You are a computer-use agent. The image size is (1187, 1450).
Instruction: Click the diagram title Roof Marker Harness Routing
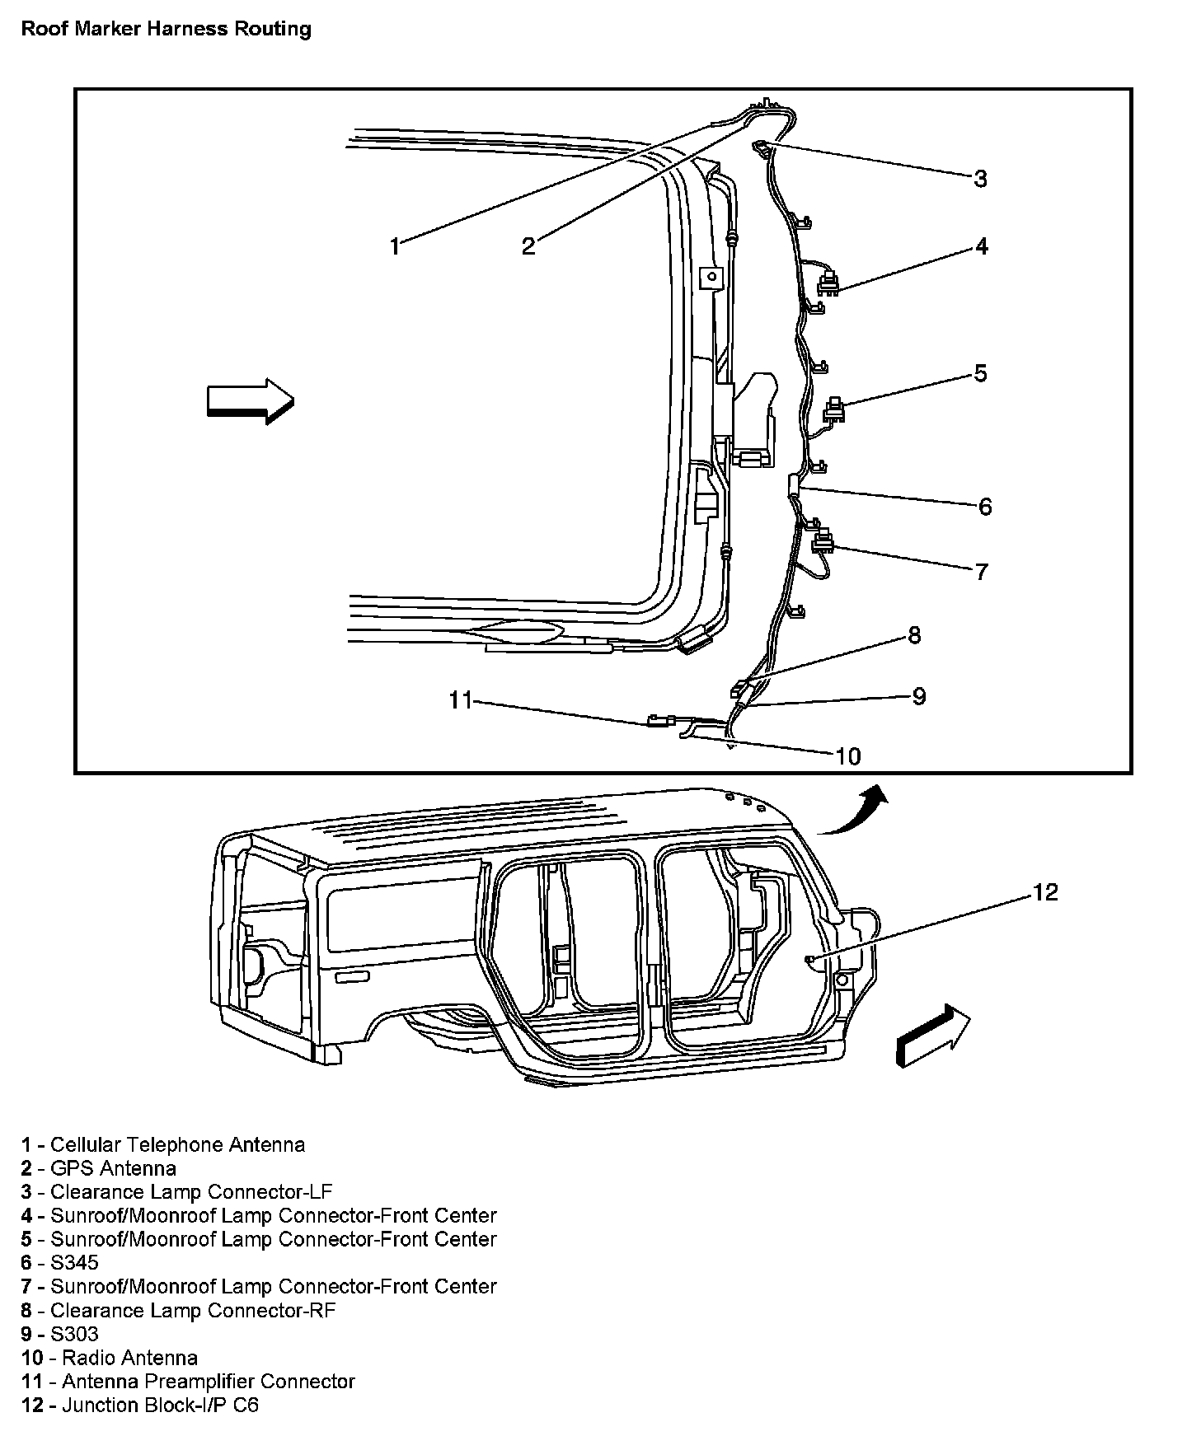click(166, 30)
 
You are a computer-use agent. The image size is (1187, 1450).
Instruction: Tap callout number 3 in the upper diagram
click(980, 179)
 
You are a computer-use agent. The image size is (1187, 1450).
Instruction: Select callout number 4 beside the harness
click(981, 246)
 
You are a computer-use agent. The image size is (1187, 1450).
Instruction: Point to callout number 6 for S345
click(985, 506)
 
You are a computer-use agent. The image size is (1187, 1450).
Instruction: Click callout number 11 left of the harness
click(460, 700)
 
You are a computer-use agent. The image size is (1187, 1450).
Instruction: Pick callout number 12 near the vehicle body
click(1044, 892)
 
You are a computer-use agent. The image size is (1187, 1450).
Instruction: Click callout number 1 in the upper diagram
click(395, 246)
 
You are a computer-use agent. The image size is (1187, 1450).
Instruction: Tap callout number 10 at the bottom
click(848, 755)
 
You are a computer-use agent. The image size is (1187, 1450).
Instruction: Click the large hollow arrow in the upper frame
click(250, 401)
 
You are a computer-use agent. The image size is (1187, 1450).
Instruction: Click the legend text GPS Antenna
click(113, 1168)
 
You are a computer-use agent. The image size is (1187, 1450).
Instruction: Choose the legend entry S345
click(74, 1262)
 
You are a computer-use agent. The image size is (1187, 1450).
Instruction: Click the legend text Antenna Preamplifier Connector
click(208, 1381)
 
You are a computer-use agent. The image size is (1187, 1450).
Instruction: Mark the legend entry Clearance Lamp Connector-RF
click(193, 1310)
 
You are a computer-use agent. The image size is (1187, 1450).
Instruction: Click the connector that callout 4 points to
click(828, 284)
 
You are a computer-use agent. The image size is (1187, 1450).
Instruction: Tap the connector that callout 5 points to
click(835, 409)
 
